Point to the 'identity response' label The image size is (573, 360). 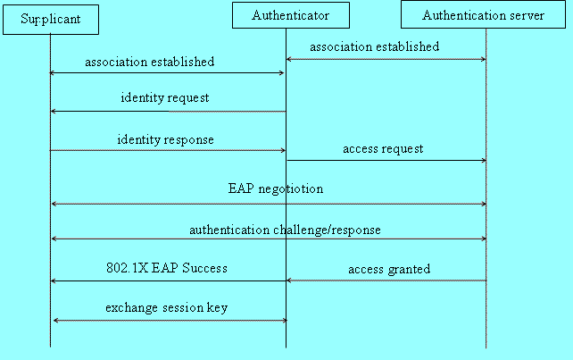[x=165, y=140]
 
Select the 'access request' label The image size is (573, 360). [x=383, y=149]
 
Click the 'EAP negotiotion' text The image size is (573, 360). [x=276, y=189]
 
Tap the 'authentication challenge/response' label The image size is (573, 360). [x=285, y=230]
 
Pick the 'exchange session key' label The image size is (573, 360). [x=166, y=307]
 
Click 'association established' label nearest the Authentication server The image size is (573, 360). [x=374, y=46]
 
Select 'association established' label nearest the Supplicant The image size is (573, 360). [x=149, y=62]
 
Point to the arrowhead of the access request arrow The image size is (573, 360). [x=483, y=161]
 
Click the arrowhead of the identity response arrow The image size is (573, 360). [x=282, y=151]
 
